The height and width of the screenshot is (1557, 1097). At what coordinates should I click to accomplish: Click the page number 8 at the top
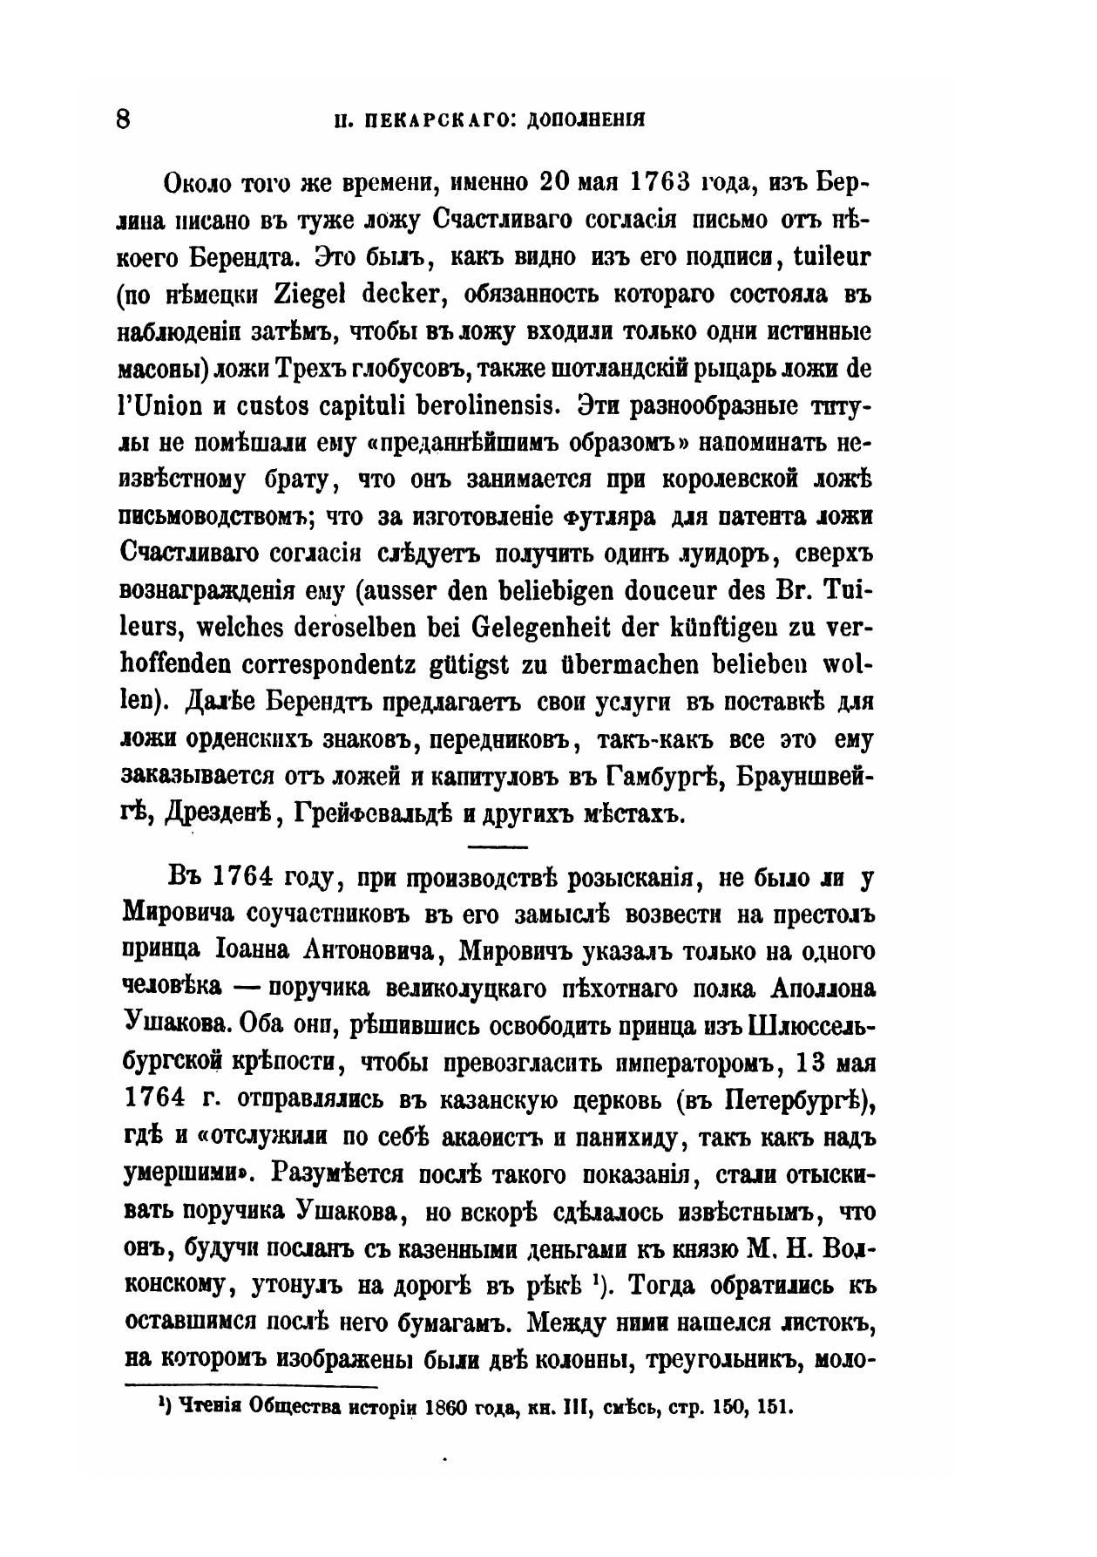(123, 118)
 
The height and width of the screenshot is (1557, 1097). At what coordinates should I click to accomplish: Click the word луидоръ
(671, 554)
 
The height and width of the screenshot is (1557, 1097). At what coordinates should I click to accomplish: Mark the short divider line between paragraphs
(498, 846)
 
